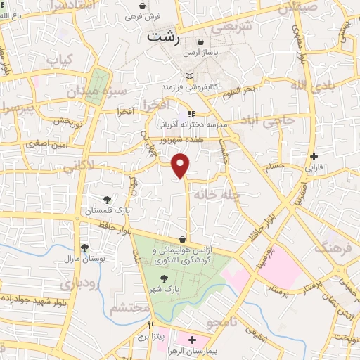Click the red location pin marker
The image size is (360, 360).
coord(181,165)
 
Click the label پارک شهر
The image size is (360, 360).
coord(164,288)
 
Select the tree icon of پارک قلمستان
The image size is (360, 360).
coord(107,200)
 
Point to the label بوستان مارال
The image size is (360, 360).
coord(84,259)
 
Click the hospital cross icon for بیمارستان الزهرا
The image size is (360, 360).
coord(192,340)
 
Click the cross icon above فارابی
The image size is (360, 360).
coord(314,156)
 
